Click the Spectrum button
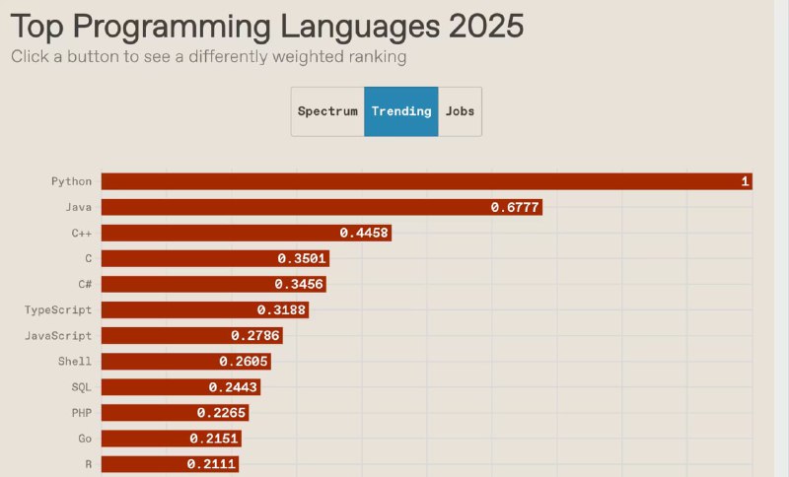(x=327, y=111)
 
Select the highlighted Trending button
(x=401, y=111)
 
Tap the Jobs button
(x=460, y=111)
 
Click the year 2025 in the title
(x=484, y=26)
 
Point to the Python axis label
(x=71, y=181)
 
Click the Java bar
(x=296, y=207)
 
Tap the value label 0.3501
(x=302, y=258)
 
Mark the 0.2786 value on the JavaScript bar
(x=255, y=335)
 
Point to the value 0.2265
(x=222, y=412)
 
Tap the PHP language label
(x=82, y=412)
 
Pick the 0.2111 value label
(x=212, y=463)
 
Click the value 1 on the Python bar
(x=746, y=181)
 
